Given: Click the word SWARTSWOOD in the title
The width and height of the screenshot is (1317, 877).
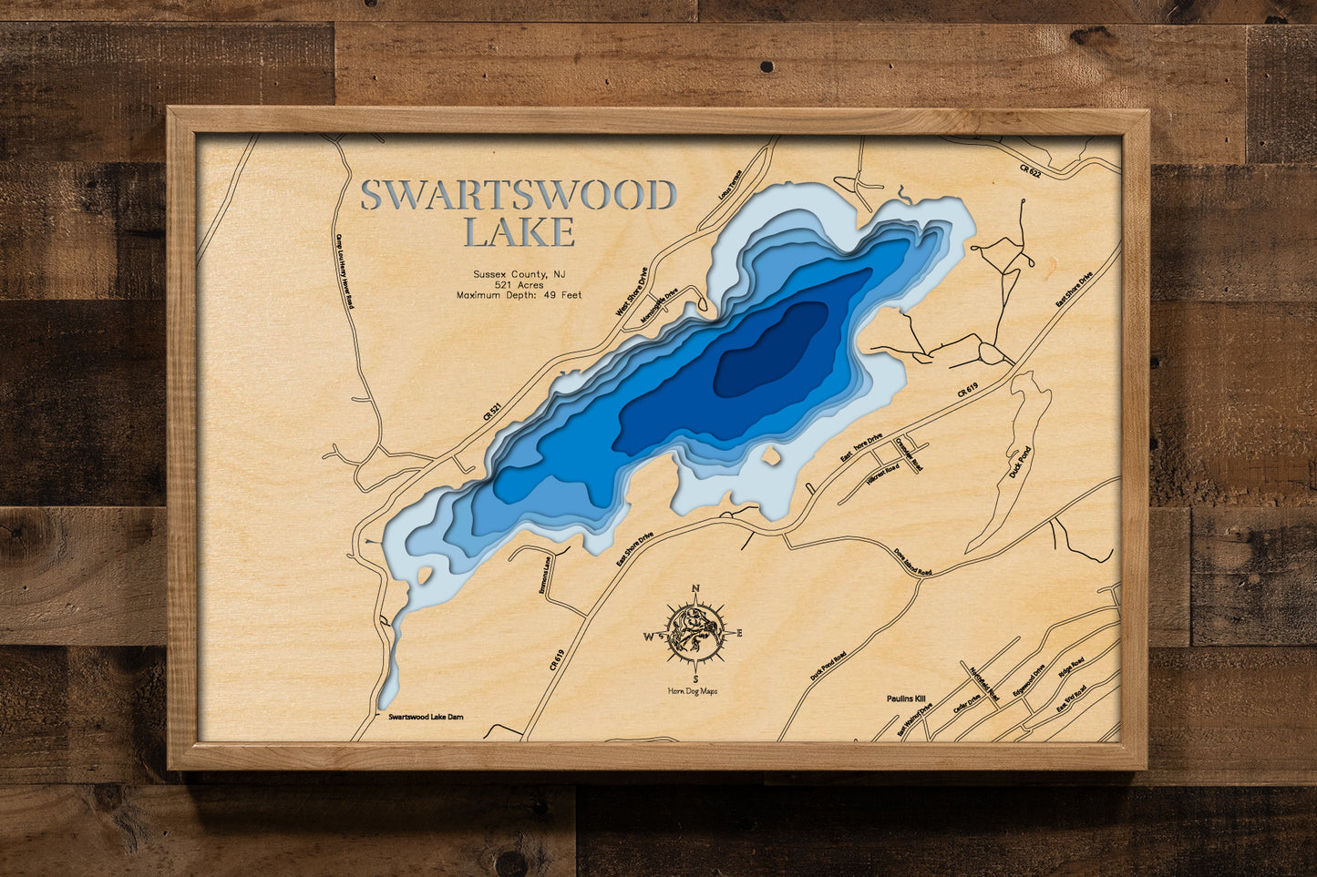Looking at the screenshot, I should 518,196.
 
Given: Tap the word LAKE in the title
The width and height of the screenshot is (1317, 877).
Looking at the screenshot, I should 519,232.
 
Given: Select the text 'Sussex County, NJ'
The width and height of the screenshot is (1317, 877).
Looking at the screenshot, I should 519,274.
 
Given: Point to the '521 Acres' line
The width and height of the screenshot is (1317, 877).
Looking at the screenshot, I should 519,285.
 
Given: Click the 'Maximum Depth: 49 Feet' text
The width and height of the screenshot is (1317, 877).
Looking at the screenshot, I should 519,296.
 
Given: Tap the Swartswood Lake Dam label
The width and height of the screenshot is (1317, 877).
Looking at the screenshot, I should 425,718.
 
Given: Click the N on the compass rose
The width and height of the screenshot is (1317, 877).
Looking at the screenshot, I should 696,589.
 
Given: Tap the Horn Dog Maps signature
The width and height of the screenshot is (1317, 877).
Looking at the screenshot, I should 693,691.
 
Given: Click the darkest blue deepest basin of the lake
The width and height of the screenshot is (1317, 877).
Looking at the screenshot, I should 770,351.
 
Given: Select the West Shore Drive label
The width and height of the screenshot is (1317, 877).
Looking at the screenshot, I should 631,291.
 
